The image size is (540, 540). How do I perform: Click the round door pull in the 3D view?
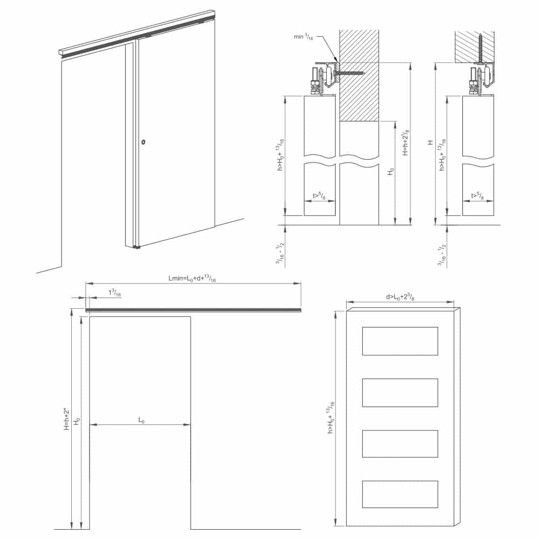point(143,143)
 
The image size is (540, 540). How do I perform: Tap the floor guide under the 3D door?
point(137,247)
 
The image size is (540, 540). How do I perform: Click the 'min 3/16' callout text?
point(302,37)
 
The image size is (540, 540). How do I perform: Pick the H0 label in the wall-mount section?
point(391,172)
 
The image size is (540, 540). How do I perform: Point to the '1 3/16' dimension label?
point(115,293)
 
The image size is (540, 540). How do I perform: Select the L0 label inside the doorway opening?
point(141,420)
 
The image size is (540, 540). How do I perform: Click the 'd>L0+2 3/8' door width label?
point(400,297)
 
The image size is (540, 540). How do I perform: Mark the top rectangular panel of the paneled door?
point(400,341)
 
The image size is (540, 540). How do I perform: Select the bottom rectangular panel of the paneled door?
point(400,494)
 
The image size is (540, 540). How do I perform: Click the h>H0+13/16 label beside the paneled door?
point(330,419)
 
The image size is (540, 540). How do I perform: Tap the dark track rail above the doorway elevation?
point(193,309)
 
